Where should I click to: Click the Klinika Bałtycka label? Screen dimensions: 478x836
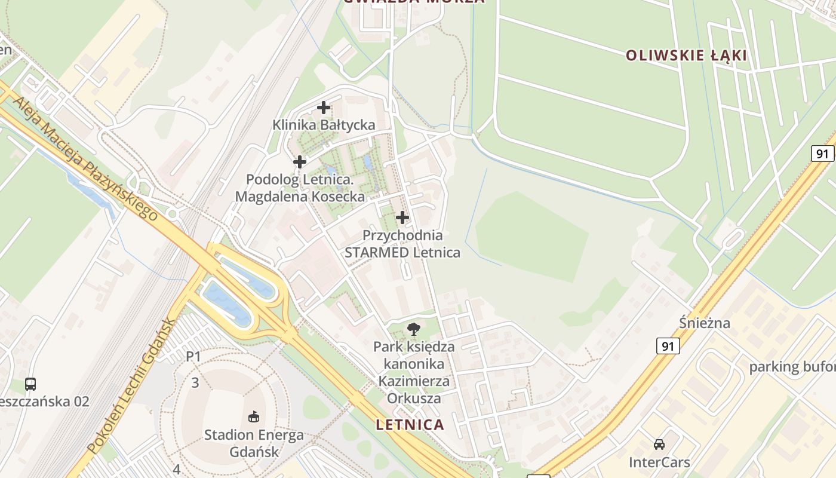(x=324, y=125)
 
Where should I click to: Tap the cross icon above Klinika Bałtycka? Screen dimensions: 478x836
(x=324, y=108)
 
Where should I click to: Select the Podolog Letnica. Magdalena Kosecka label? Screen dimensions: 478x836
(x=300, y=188)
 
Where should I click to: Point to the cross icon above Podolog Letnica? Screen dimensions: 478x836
(x=300, y=161)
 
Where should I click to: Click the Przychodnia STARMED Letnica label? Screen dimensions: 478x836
(x=402, y=244)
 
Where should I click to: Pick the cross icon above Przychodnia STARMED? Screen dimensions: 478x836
(x=402, y=217)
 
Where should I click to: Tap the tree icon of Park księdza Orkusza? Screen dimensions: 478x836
(x=413, y=328)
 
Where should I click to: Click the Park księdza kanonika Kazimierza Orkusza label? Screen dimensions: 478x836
(x=414, y=372)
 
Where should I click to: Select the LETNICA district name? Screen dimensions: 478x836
(x=410, y=425)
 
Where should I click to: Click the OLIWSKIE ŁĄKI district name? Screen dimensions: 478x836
(x=686, y=56)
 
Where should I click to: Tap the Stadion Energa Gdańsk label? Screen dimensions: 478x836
(x=254, y=443)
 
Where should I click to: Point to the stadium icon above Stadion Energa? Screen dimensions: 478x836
(x=254, y=416)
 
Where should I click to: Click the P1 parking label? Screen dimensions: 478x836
(x=193, y=357)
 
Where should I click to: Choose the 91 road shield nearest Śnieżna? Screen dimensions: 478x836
(x=668, y=346)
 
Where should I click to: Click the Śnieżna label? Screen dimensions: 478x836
(x=705, y=323)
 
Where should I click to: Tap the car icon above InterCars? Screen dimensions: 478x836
(x=659, y=444)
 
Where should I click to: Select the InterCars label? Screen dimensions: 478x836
(x=659, y=462)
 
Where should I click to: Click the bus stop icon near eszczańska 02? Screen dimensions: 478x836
(x=30, y=384)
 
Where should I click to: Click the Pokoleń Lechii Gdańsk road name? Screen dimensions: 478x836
(x=132, y=385)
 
